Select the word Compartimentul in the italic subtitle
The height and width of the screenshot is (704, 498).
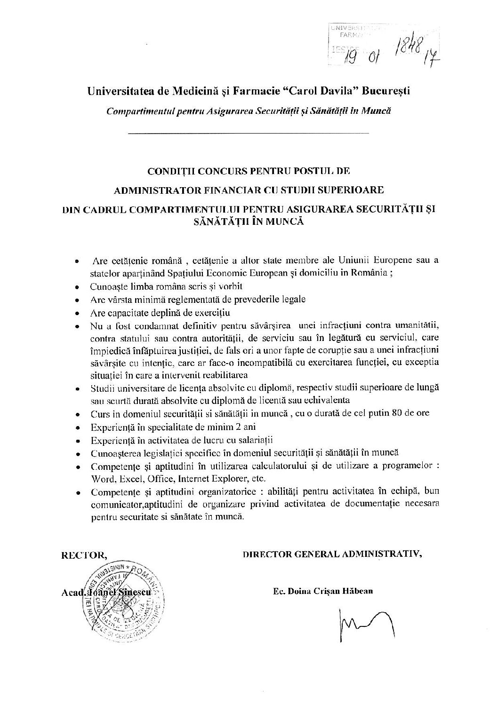[137, 111]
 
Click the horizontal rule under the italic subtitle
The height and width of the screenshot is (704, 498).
[249, 134]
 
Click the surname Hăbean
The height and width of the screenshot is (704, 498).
[359, 591]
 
